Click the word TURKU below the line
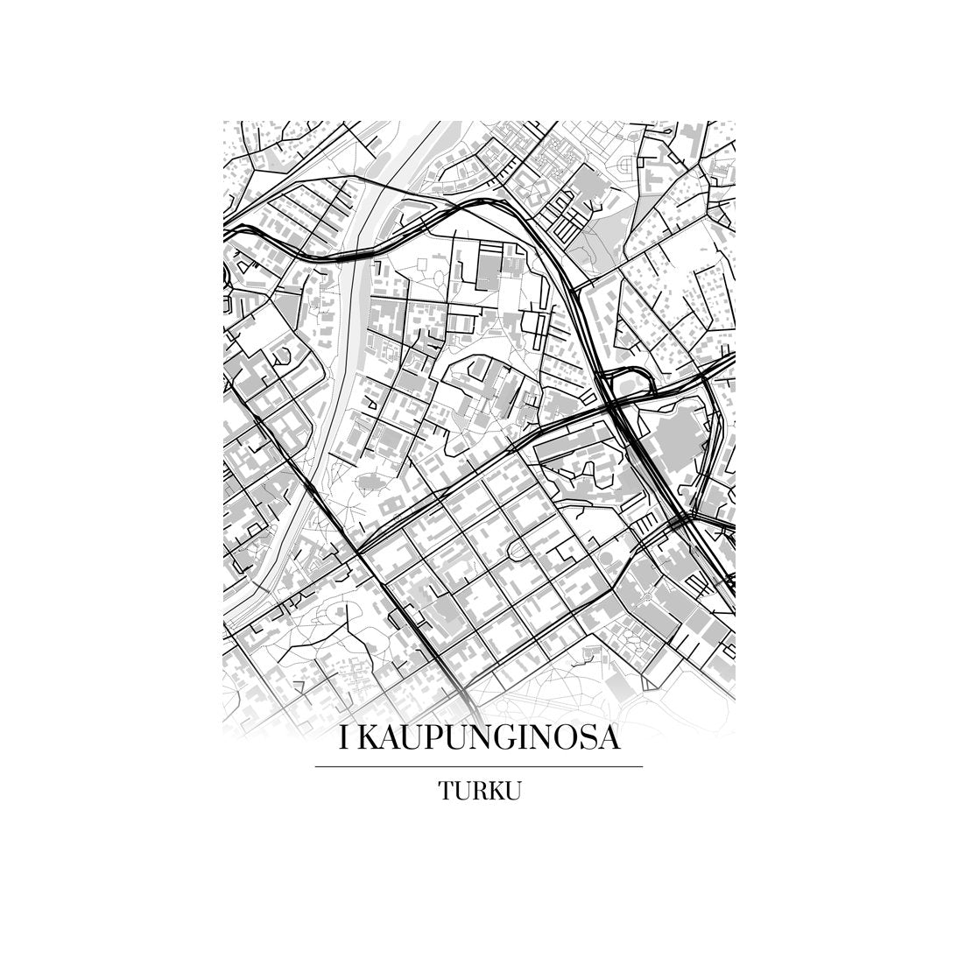click(x=480, y=792)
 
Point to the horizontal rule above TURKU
click(x=478, y=767)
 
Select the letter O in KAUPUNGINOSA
click(x=570, y=739)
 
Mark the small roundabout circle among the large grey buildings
click(x=646, y=597)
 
